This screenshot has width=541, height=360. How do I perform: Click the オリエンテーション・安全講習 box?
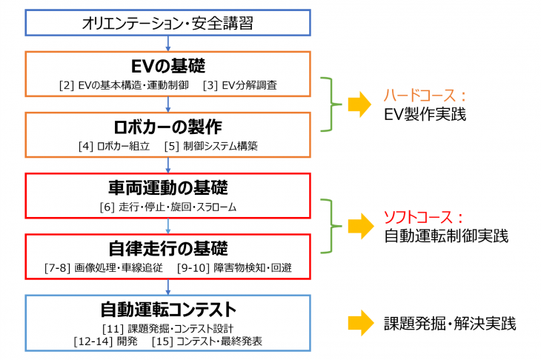[167, 23]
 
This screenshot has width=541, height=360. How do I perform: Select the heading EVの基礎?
[167, 66]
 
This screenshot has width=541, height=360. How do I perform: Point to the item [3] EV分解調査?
[242, 85]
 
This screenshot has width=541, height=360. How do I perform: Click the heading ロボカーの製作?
[167, 126]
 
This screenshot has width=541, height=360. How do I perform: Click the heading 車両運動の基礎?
[167, 187]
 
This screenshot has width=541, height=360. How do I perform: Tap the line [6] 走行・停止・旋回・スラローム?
[167, 207]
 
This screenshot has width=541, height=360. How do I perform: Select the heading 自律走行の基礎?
[167, 247]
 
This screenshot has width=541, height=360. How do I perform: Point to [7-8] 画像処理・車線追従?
[103, 267]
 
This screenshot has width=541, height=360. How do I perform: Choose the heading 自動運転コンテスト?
[167, 308]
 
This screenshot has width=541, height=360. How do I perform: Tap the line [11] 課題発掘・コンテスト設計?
[167, 328]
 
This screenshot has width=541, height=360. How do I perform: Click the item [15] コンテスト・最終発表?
[207, 341]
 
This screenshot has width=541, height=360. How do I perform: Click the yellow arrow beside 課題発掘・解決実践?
[359, 323]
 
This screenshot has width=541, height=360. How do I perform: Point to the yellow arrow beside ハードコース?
[359, 106]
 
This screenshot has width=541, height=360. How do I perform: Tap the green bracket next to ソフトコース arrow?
[330, 227]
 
